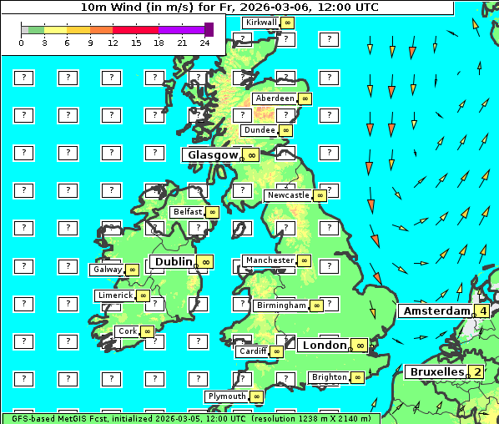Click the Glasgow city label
pos(213,154)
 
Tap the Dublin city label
pos(172,261)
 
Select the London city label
pos(324,345)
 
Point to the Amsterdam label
pos(437,310)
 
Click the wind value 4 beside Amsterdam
pos(482,311)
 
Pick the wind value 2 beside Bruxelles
pos(476,371)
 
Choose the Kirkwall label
pos(261,22)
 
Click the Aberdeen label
pos(275,98)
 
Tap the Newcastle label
pos(287,195)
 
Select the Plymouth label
pos(227,396)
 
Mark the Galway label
pos(107,270)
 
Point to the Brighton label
pos(329,377)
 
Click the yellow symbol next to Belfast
pos(212,212)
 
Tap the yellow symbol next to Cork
pos(147,331)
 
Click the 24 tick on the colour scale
pos(204,43)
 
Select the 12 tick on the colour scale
pos(113,43)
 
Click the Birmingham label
pos(281,305)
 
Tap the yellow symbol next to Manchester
pos(305,261)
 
